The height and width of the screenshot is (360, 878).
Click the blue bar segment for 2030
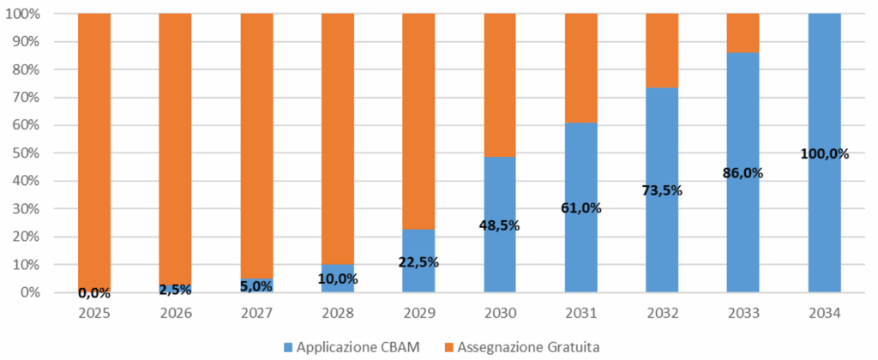[x=500, y=257]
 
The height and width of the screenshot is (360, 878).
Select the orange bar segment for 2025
[x=94, y=146]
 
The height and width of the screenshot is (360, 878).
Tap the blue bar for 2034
[x=824, y=214]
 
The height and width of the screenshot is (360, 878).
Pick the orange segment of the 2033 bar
[x=743, y=33]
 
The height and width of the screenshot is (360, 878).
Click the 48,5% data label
[x=500, y=225]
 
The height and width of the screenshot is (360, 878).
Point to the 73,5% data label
[x=662, y=190]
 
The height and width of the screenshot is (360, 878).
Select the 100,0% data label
[x=824, y=154]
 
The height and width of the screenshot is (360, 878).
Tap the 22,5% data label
[x=418, y=261]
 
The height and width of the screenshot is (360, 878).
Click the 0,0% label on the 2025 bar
[x=94, y=292]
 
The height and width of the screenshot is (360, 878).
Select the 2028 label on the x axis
[x=338, y=314]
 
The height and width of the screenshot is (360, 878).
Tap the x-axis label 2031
[x=580, y=314]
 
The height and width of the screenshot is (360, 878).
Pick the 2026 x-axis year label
[x=176, y=314]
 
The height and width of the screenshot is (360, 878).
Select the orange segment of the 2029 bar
[x=418, y=120]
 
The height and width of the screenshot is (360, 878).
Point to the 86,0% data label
[x=743, y=172]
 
